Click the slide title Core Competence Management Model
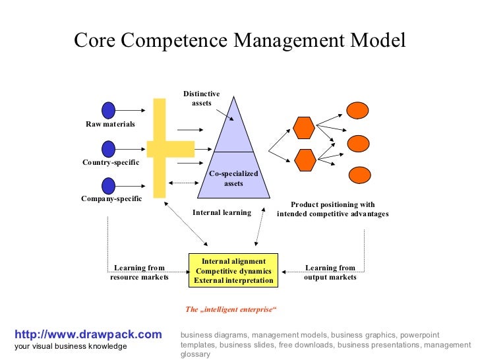240,40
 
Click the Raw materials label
110,125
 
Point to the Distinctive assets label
201,99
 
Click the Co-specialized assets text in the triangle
233,179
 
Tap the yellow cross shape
160,148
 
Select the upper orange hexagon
304,127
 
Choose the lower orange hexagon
304,160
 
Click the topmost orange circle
358,111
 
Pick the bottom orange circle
358,175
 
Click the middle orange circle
358,143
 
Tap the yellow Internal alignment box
233,271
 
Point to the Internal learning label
222,213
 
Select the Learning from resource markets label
139,273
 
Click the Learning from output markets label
330,273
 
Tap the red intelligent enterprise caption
231,310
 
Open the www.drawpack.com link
88,335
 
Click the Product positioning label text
332,209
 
